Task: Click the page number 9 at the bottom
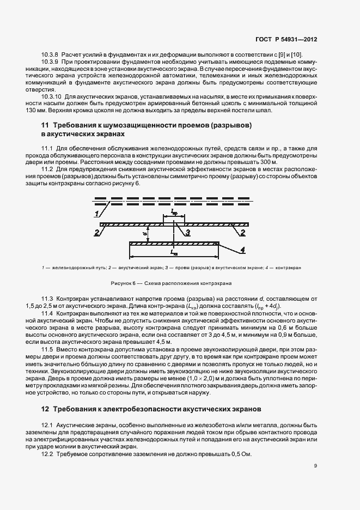click(315, 466)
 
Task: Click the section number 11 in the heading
click(37, 125)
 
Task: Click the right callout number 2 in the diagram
click(241, 233)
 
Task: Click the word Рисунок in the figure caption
click(121, 284)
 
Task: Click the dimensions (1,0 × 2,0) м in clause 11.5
click(203, 378)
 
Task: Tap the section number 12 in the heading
click(37, 408)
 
